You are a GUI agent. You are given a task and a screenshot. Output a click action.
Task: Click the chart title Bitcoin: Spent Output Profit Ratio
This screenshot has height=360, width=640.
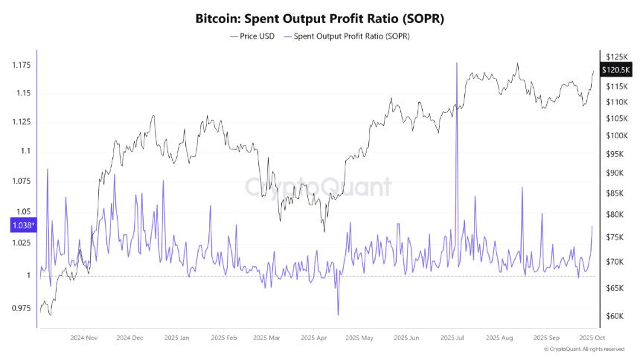pyautogui.click(x=319, y=17)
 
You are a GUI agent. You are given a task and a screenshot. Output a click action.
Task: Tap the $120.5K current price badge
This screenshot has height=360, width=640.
pyautogui.click(x=615, y=69)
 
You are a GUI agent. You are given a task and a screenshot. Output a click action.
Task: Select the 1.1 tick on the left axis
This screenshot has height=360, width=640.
pyautogui.click(x=25, y=151)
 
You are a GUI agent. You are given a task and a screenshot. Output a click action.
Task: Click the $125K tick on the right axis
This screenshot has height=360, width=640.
pyautogui.click(x=616, y=57)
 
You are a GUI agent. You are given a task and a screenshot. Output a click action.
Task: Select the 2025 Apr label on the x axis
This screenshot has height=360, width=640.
pyautogui.click(x=313, y=338)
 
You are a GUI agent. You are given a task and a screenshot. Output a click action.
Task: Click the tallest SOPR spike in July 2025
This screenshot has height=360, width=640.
pyautogui.click(x=455, y=64)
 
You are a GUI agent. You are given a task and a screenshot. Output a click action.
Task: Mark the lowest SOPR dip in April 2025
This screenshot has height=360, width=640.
pyautogui.click(x=337, y=315)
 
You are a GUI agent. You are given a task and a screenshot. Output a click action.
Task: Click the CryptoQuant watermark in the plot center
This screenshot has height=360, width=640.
pyautogui.click(x=319, y=186)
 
